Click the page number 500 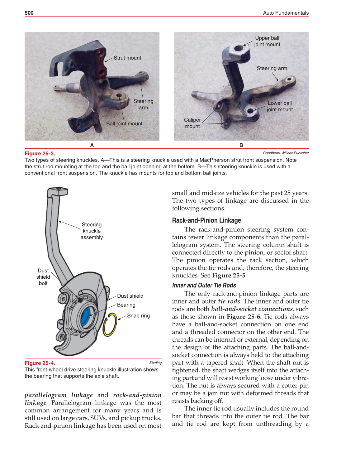[x=29, y=13]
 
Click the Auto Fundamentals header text [x=286, y=13]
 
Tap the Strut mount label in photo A [x=127, y=58]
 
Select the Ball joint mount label [x=124, y=124]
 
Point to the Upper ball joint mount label [x=267, y=41]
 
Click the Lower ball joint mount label [x=280, y=106]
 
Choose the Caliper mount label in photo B [x=192, y=123]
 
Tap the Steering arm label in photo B [x=272, y=68]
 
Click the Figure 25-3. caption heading [x=40, y=153]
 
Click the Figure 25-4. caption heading [x=40, y=363]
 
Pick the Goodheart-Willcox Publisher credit [x=286, y=153]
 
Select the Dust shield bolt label [x=43, y=277]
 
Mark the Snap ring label [x=138, y=316]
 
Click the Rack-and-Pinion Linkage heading [x=206, y=220]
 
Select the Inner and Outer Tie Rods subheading [x=204, y=285]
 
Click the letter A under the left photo [x=92, y=145]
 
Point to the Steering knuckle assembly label [x=92, y=231]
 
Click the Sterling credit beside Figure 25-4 [x=155, y=363]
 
